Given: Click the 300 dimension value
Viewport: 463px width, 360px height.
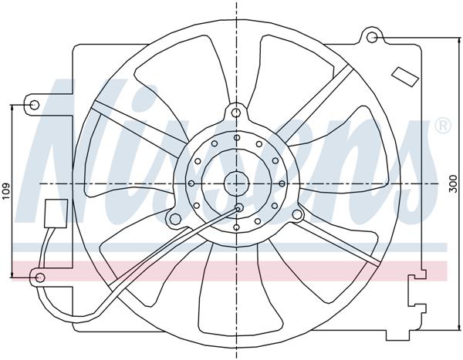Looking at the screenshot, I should click(453, 183).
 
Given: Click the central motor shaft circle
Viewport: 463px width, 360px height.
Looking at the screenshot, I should click(237, 183).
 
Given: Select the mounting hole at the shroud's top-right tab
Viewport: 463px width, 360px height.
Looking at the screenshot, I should click(372, 37).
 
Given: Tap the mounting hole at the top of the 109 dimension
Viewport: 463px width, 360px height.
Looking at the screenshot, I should click(34, 103).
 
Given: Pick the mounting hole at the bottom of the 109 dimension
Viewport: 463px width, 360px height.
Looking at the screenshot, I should click(41, 276).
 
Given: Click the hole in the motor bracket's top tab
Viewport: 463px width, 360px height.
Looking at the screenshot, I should click(235, 113).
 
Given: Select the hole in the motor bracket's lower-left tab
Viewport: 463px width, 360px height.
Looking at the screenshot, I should click(175, 220).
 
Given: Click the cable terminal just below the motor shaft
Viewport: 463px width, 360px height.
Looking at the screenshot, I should click(238, 207).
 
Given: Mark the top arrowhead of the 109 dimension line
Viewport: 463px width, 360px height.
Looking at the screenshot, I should click(13, 106).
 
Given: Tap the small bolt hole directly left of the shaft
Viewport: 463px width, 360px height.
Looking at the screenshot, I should click(191, 183).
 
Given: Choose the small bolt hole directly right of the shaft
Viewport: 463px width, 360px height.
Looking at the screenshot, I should click(283, 183).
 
